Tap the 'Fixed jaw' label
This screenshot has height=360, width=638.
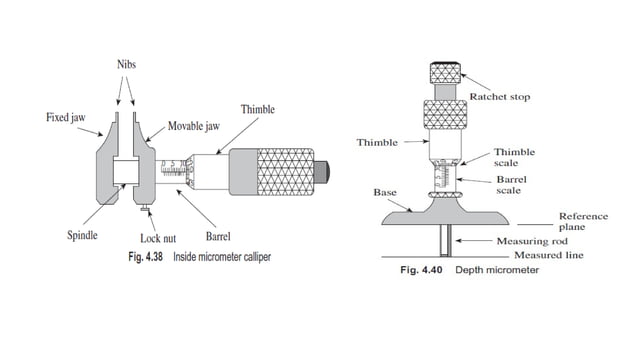66,117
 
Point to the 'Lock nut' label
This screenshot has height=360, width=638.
158,239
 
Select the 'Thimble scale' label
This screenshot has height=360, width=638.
513,157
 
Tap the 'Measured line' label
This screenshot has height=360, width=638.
537,255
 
